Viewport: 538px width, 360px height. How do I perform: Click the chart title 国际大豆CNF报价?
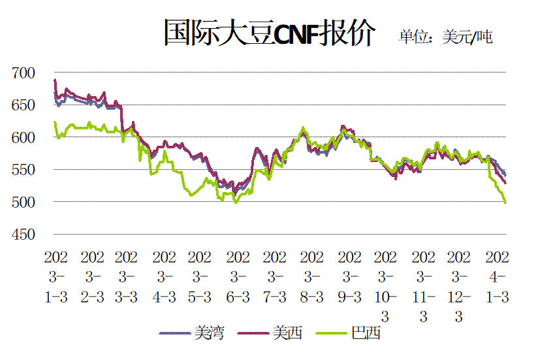tap(270, 33)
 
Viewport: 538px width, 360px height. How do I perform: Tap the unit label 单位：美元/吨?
tap(446, 37)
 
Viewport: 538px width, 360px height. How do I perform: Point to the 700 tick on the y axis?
tap(24, 73)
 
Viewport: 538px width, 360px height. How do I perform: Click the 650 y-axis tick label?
tap(24, 105)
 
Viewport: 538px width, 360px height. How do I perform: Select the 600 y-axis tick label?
tap(24, 138)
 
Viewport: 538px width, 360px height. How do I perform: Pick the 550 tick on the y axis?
tap(24, 170)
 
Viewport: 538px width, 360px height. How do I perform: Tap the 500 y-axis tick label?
tap(24, 203)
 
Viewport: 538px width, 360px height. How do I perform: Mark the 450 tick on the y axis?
tap(24, 235)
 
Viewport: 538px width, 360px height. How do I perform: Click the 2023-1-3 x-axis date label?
tap(56, 277)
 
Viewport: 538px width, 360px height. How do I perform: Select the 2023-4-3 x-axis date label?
tap(164, 277)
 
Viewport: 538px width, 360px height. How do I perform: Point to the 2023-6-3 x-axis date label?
tap(238, 277)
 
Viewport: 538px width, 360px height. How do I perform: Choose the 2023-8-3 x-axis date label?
tap(311, 277)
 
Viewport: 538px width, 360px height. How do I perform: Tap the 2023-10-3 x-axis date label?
tap(385, 287)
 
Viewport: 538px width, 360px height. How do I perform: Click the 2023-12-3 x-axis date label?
tap(459, 287)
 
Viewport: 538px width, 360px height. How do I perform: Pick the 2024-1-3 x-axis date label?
tap(497, 277)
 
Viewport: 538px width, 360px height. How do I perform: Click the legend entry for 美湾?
tap(192, 333)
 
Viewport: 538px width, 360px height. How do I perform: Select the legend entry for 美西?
tap(270, 333)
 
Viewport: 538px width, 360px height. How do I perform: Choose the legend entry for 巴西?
tap(348, 333)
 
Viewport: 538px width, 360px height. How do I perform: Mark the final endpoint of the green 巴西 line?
tap(505, 203)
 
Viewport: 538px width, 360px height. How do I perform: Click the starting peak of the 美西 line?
tap(55, 80)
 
